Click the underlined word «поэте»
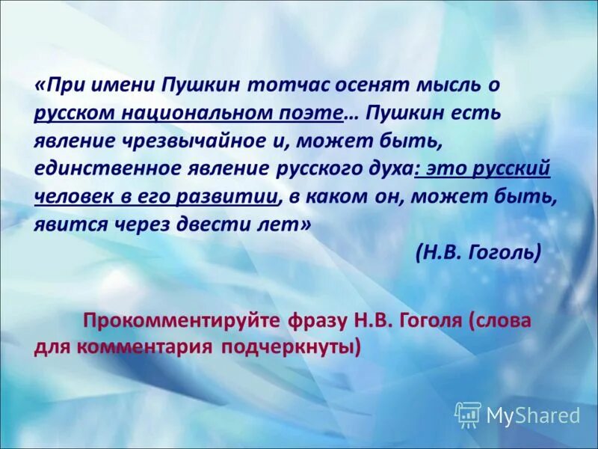pos(314,113)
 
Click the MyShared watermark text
pos(533,415)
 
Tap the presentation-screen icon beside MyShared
pos(467,414)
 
